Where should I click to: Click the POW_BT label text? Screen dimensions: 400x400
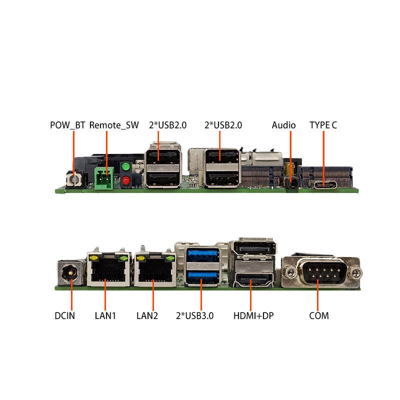[x=67, y=125]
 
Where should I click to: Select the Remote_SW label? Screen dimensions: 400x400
[x=113, y=125]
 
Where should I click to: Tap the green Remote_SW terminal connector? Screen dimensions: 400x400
[x=104, y=177]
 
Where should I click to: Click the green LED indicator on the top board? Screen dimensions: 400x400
[x=126, y=166]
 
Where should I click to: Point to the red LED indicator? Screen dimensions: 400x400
[x=126, y=180]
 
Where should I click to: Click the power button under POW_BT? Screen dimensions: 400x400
[x=74, y=179]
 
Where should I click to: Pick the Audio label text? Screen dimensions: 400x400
[x=283, y=125]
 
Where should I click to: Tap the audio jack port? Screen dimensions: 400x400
[x=290, y=182]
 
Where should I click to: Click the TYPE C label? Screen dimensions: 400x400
[x=323, y=125]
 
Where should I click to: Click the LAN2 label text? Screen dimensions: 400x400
[x=147, y=315]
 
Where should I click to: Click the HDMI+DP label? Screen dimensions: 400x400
[x=253, y=315]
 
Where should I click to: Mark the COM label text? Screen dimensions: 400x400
[x=318, y=315]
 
